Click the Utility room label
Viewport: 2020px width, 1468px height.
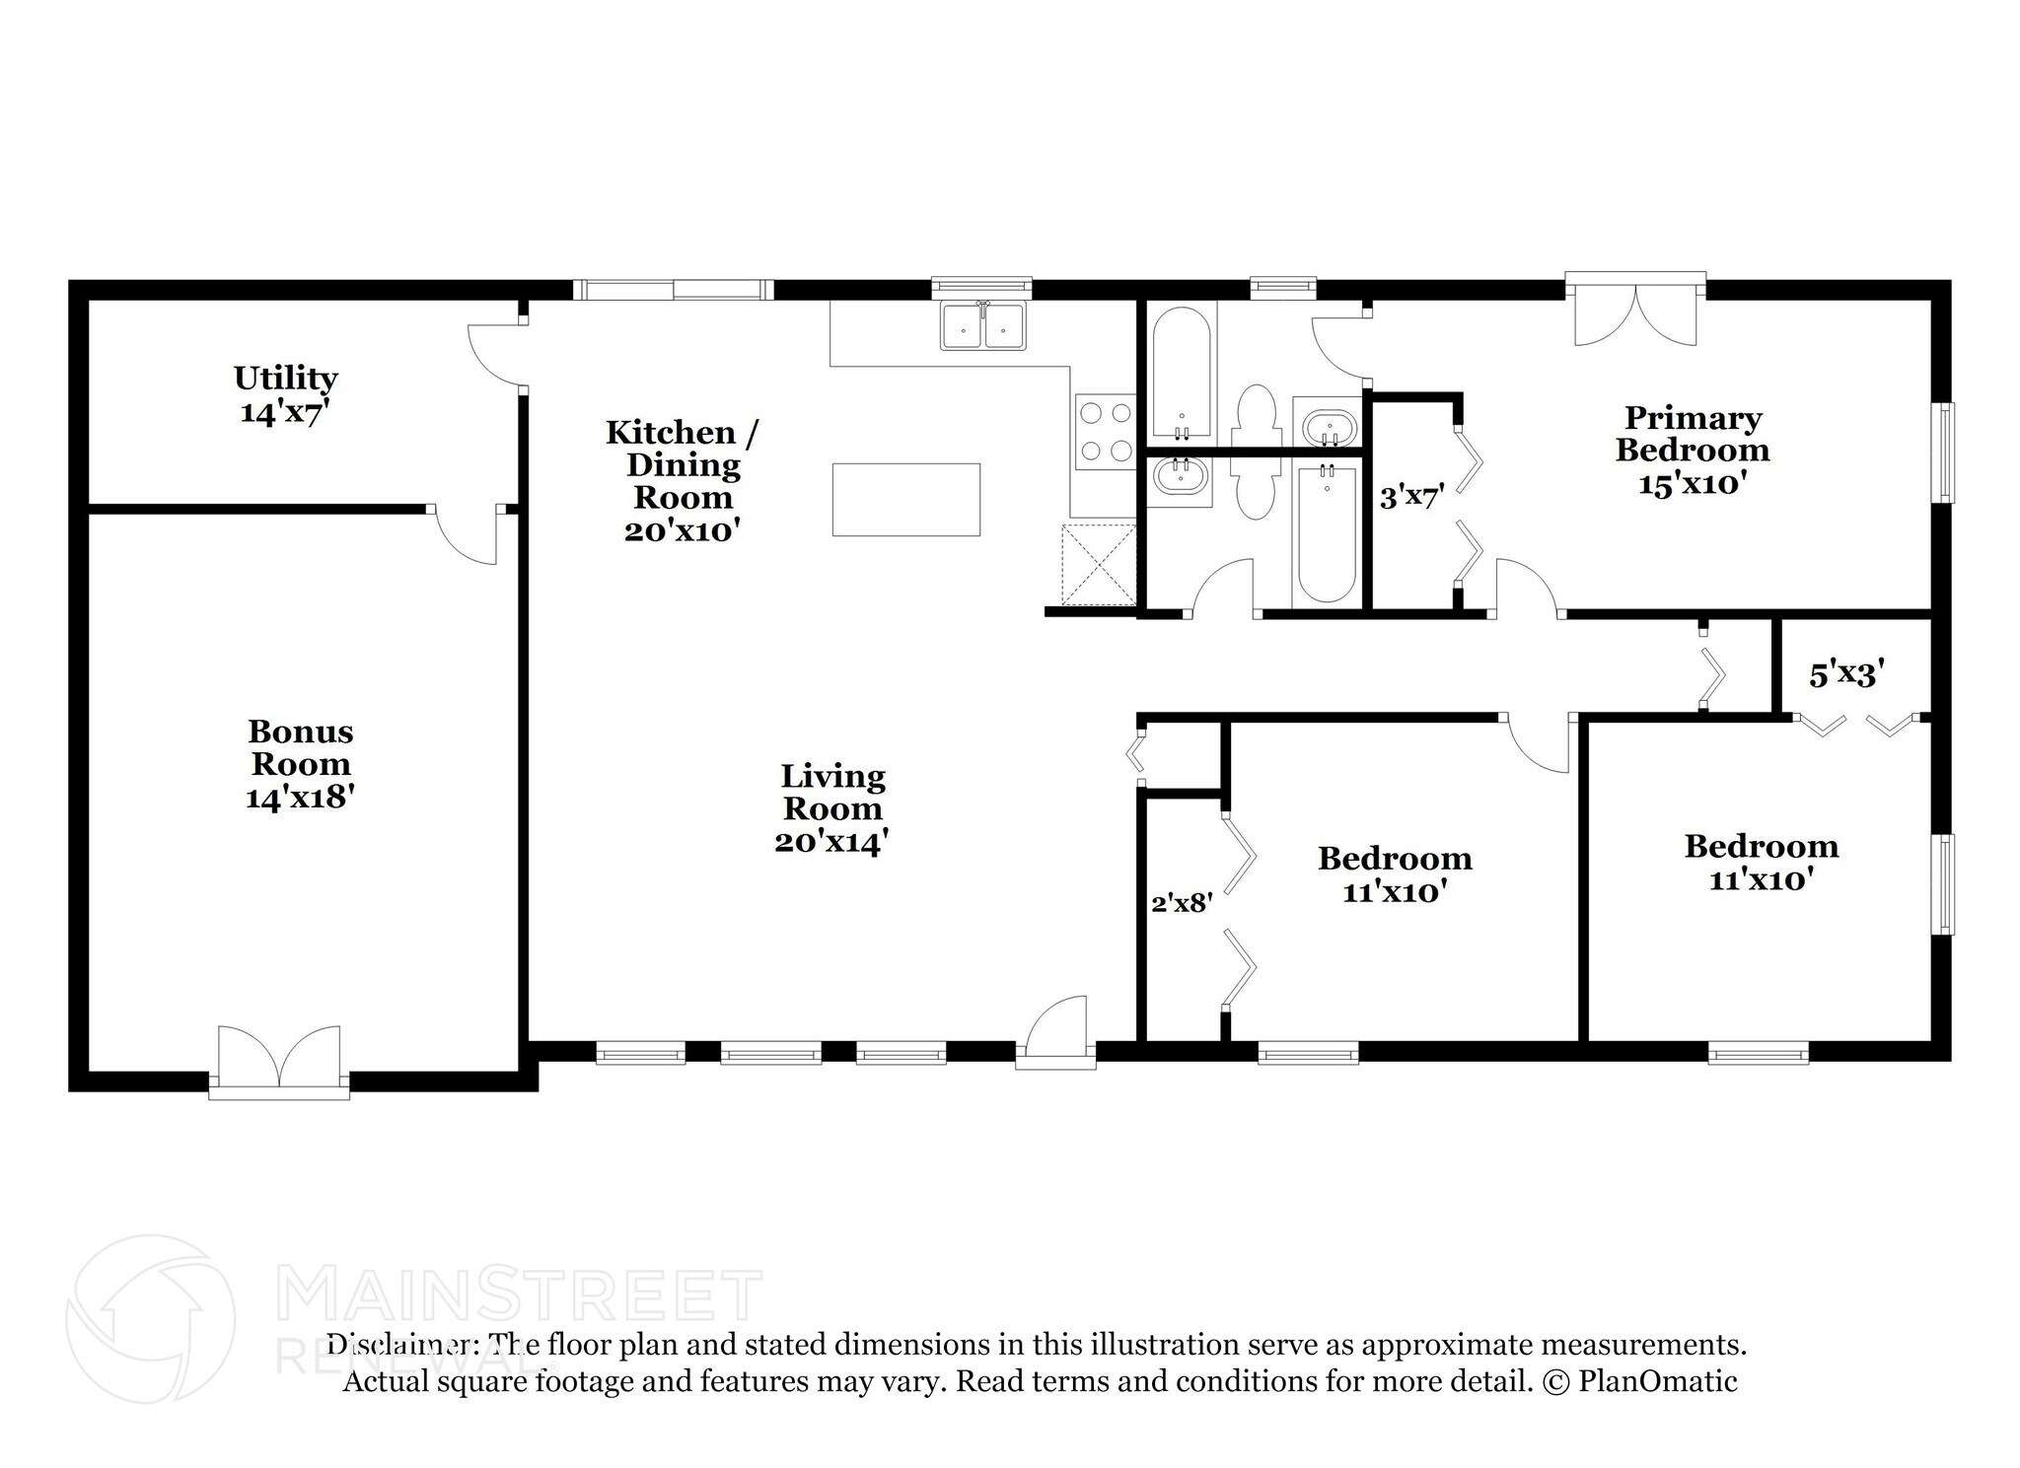click(x=286, y=393)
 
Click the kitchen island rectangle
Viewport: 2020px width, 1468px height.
click(x=906, y=500)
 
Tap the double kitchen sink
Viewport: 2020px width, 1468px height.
click(x=983, y=325)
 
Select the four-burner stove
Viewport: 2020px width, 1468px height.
click(x=1105, y=432)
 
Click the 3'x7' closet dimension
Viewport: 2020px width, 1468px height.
click(x=1411, y=497)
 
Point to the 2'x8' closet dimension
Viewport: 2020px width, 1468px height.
click(x=1182, y=902)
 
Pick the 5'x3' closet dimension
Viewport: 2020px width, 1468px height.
click(x=1846, y=674)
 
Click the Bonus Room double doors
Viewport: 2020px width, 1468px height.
click(x=279, y=1061)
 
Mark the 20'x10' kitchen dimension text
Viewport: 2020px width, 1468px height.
click(x=683, y=530)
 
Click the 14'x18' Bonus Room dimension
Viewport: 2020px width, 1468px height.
click(x=301, y=797)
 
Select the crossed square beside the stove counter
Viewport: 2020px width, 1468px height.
click(x=1099, y=564)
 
